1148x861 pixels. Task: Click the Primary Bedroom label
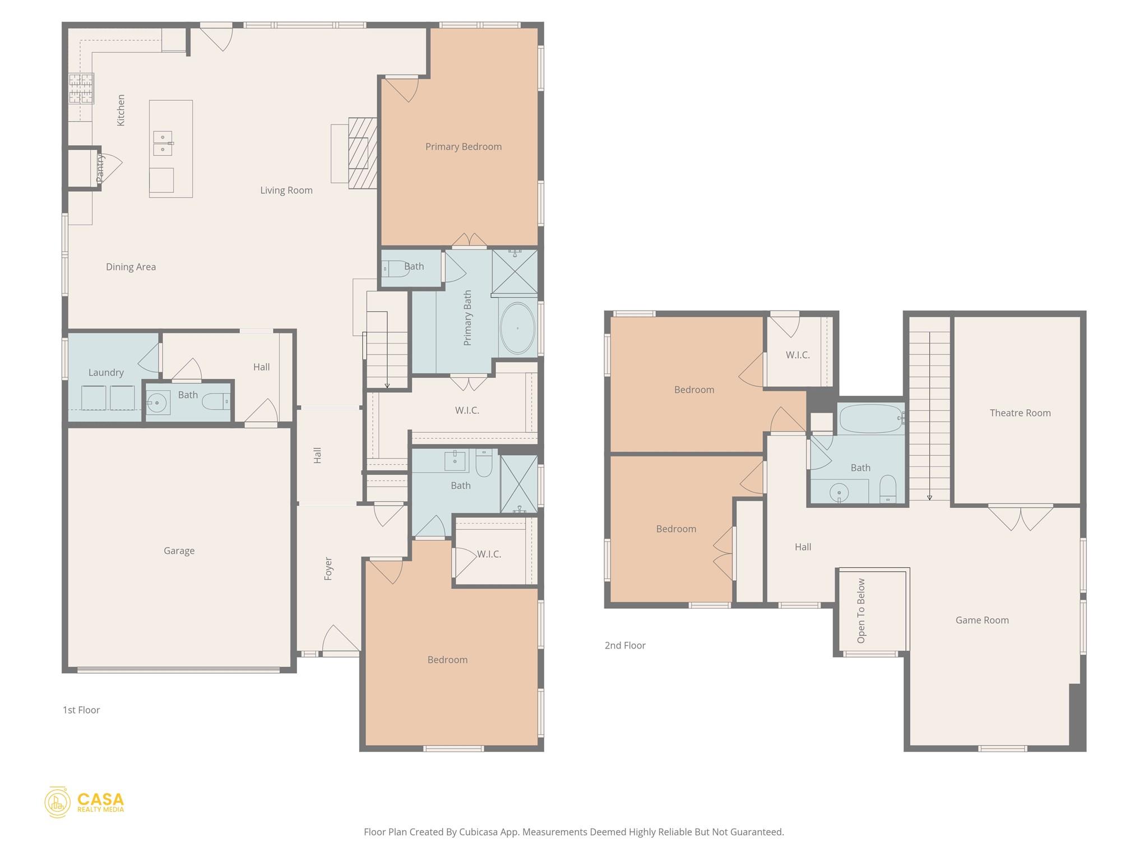[463, 147]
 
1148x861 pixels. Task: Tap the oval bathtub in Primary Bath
[517, 328]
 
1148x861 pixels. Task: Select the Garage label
[179, 551]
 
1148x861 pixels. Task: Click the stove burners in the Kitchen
[81, 89]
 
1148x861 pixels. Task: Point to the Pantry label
[100, 168]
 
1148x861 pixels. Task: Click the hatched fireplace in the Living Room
[362, 152]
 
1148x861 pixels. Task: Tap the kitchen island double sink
[163, 143]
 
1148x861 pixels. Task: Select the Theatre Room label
[1020, 413]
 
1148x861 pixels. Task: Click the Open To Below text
[861, 611]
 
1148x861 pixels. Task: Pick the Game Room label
[982, 621]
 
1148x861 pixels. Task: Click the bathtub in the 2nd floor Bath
[871, 419]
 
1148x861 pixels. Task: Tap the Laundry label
[106, 373]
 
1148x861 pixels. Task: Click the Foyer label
[328, 568]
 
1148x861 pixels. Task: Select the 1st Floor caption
[81, 710]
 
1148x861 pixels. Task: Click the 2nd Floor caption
[625, 646]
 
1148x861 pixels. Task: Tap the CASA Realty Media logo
[85, 802]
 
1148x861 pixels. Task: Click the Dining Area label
[131, 267]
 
